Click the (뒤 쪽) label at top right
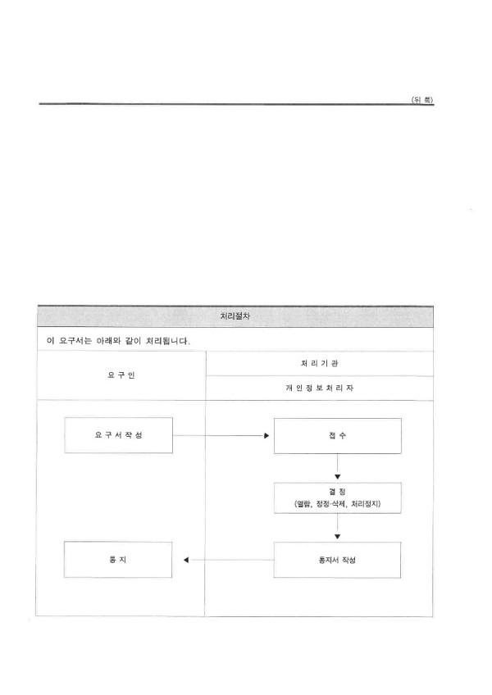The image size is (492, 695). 422,100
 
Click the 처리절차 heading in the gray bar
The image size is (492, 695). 235,316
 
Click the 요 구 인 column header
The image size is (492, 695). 121,375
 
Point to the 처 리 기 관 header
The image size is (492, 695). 320,363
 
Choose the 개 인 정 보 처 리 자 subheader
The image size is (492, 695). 320,388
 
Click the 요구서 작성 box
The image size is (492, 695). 118,435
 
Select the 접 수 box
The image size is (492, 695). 338,436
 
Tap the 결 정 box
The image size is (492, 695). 338,497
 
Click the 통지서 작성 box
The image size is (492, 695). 337,560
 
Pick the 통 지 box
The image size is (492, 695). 118,560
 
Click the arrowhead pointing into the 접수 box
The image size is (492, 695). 266,436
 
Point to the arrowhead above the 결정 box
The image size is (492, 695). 338,477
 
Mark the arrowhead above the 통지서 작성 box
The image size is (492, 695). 338,537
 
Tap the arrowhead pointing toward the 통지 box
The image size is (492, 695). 186,560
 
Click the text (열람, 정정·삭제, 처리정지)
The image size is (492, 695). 338,503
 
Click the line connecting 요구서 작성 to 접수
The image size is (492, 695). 218,436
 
